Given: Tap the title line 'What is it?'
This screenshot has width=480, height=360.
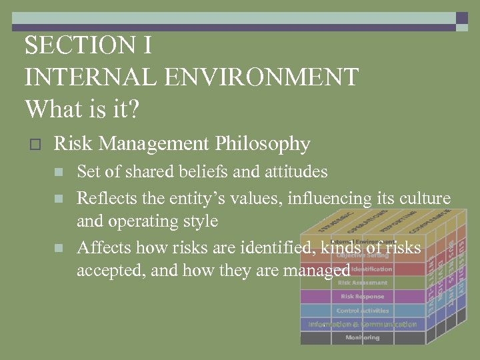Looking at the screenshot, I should [82, 108].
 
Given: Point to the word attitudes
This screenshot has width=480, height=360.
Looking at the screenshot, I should [294, 172].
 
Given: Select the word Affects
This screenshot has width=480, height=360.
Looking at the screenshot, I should [103, 248].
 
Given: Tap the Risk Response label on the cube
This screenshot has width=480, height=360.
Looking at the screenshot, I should [362, 296].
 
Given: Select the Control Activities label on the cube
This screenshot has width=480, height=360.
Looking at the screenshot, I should [362, 310].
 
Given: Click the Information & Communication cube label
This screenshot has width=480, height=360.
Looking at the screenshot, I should [362, 324].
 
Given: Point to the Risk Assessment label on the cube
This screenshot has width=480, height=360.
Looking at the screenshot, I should [362, 283].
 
